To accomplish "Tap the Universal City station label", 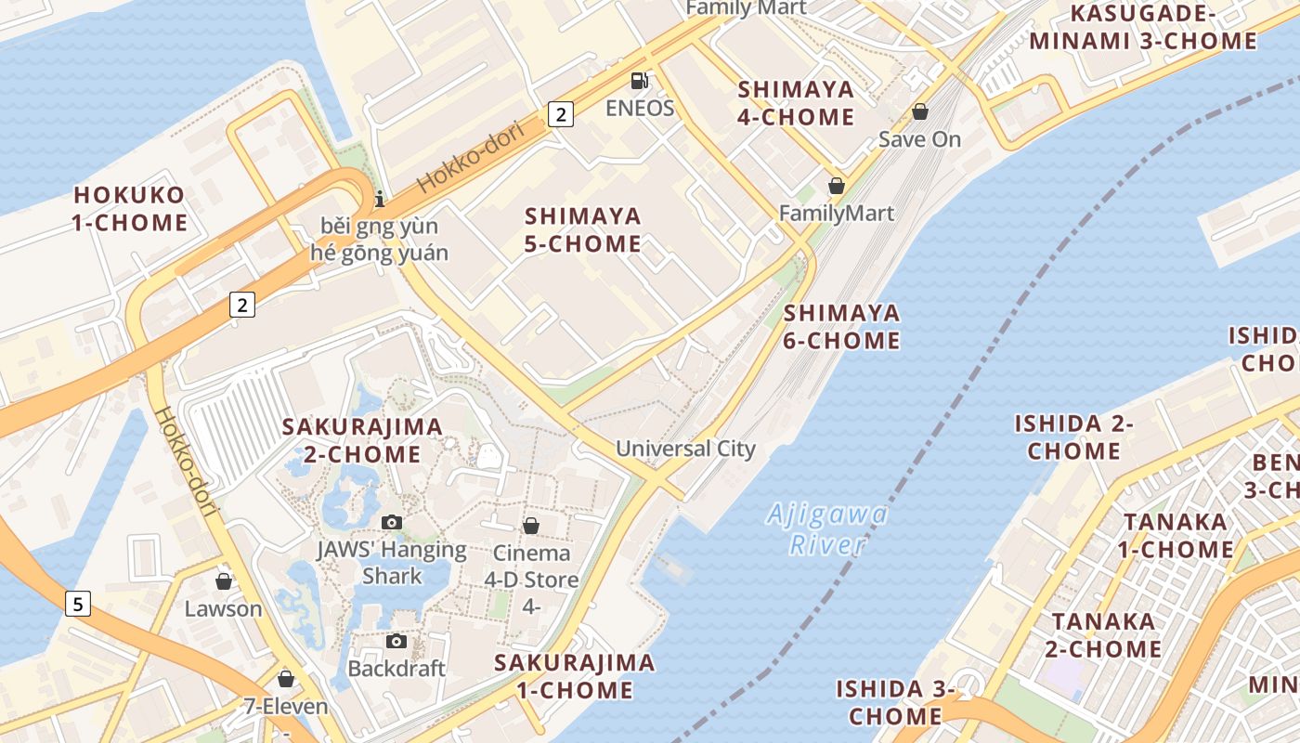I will pos(685,449).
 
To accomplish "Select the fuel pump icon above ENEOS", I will pos(639,81).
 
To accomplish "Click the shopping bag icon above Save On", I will pos(919,111).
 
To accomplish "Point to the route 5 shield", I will pos(78,604).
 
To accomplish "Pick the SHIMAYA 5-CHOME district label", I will pos(583,229).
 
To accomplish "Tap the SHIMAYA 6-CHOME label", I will pos(841,326).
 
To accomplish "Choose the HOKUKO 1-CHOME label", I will pos(130,209).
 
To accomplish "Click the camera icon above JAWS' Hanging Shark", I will pos(391,522).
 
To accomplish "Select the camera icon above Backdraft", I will pos(396,641).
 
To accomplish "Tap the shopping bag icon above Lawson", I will pos(223,581).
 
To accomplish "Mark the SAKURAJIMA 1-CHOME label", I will pos(575,676).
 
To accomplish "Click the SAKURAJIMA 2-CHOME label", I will pos(362,440).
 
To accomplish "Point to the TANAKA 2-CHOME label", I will pos(1103,634).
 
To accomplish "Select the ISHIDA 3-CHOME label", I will pos(896,702).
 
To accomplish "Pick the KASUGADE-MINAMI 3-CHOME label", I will pos(1143,27).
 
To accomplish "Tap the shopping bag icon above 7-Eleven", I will pos(286,679).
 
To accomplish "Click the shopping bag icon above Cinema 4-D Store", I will pos(530,526).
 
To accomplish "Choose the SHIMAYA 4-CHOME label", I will pos(796,103).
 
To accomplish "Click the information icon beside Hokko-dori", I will pos(379,199).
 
